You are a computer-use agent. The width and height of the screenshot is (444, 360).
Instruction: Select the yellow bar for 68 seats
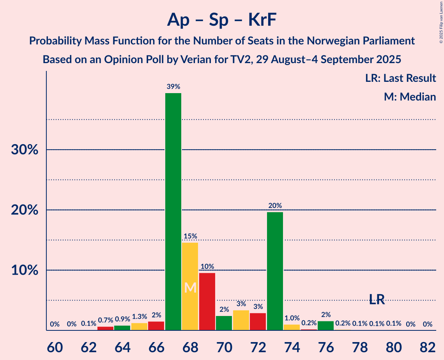pyautogui.click(x=190, y=286)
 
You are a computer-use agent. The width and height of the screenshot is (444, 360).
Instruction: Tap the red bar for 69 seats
pyautogui.click(x=207, y=302)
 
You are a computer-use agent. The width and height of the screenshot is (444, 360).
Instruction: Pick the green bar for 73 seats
pyautogui.click(x=275, y=271)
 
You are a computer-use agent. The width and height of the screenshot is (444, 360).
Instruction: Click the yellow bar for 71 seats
pyautogui.click(x=241, y=320)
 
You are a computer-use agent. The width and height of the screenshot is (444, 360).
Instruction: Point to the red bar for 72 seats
pyautogui.click(x=258, y=321)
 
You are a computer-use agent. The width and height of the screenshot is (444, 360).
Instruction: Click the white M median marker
pyautogui.click(x=190, y=288)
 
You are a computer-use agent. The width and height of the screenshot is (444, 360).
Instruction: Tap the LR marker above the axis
pyautogui.click(x=377, y=299)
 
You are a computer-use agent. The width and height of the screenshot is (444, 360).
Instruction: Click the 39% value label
pyautogui.click(x=173, y=86)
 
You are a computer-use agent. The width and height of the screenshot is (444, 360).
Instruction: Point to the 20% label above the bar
pyautogui.click(x=275, y=205)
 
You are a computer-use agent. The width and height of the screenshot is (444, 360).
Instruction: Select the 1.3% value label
pyautogui.click(x=139, y=317)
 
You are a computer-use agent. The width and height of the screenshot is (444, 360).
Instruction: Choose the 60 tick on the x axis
pyautogui.click(x=55, y=346)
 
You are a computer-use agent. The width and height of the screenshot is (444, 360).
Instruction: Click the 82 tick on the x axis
pyautogui.click(x=428, y=346)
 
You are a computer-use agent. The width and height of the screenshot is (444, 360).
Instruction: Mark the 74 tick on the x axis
pyautogui.click(x=292, y=346)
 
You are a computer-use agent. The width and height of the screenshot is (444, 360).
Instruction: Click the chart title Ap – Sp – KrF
pyautogui.click(x=222, y=19)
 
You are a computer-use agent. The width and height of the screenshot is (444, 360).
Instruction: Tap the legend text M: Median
pyautogui.click(x=410, y=97)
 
